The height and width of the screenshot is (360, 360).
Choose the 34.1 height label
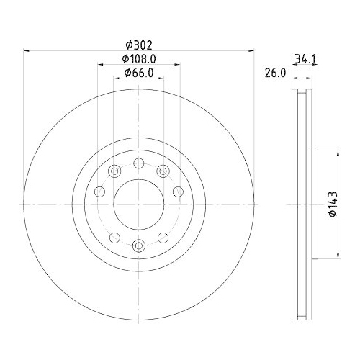(302, 59)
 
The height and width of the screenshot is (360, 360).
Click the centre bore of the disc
(139, 205)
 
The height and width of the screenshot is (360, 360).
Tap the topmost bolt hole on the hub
(139, 163)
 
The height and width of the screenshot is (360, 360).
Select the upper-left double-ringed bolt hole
(114, 171)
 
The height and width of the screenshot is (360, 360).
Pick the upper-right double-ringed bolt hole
(163, 171)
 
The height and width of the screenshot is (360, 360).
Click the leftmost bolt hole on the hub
(99, 192)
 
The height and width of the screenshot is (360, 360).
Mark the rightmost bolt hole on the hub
(179, 192)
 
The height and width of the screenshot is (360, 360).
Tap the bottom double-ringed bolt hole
(139, 247)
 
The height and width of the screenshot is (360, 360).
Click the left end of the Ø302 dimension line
(25, 50)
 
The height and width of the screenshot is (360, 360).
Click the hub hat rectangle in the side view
(315, 205)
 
